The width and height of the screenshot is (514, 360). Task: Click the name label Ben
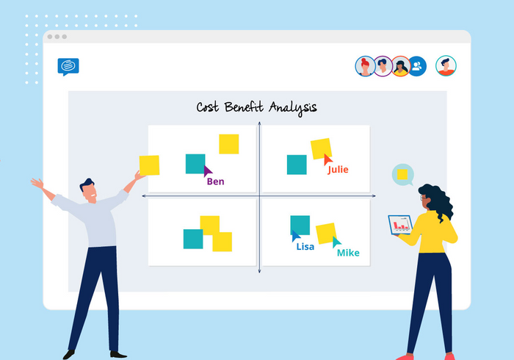(x=215, y=181)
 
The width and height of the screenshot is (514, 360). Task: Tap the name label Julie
(x=338, y=169)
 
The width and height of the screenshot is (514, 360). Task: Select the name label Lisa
(x=305, y=246)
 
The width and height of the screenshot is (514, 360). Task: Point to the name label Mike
(x=347, y=253)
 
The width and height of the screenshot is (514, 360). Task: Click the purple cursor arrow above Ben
(x=208, y=170)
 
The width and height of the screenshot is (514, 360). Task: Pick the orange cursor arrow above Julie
(x=327, y=159)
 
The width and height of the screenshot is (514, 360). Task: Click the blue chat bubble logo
(x=68, y=67)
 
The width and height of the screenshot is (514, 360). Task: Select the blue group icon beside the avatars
(x=417, y=66)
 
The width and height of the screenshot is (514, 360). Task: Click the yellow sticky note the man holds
(x=149, y=165)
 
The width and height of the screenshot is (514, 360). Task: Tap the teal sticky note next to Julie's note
(x=297, y=165)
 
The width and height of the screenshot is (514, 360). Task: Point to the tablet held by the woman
(x=399, y=224)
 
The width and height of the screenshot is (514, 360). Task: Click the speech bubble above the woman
(x=402, y=175)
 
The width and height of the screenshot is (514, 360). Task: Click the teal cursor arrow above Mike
(x=336, y=242)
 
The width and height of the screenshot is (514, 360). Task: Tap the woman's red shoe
(x=449, y=356)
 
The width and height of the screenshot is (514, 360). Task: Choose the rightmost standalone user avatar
(x=446, y=66)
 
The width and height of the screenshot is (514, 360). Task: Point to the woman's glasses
(x=424, y=198)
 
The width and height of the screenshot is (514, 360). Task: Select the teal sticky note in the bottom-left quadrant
(x=193, y=239)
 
